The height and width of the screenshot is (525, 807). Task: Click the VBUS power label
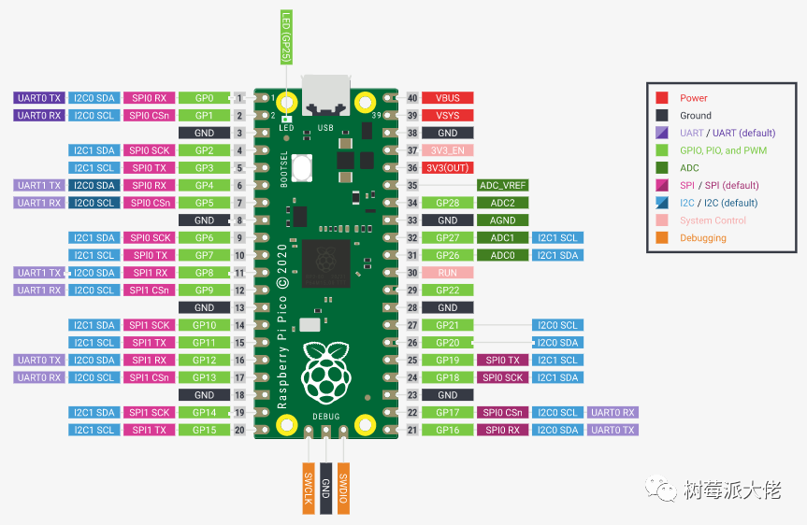[x=448, y=98]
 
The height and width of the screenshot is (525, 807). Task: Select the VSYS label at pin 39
[x=448, y=115]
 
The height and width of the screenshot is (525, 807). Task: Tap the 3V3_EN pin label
[x=448, y=150]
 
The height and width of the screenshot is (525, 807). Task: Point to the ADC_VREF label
[x=503, y=186]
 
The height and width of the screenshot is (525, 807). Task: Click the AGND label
[x=503, y=220]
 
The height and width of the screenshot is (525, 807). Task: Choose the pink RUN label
[x=448, y=273]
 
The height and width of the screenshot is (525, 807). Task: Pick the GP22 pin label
[x=448, y=291]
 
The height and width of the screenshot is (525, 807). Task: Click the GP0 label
[x=204, y=98]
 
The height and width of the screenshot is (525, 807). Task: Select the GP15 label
[x=204, y=430]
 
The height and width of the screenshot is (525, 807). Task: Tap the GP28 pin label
[x=448, y=203]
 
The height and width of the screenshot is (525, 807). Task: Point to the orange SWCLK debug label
[x=307, y=487]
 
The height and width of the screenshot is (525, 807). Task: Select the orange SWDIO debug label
[x=344, y=487]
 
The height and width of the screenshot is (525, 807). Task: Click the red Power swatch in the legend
[x=662, y=98]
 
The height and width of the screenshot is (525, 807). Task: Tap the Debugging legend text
[x=702, y=238]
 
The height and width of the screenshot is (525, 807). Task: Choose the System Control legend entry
[x=713, y=220]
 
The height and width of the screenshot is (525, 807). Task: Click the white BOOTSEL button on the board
[x=302, y=168]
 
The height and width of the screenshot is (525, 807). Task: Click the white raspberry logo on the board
[x=324, y=374]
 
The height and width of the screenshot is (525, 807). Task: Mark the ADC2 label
[x=503, y=203]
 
